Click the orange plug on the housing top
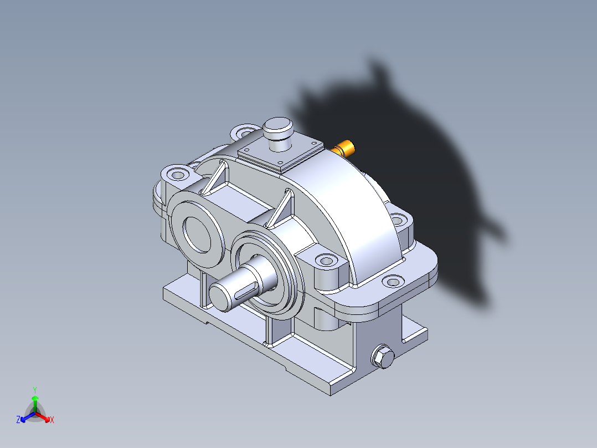[x=347, y=148]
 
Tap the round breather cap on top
[x=277, y=128]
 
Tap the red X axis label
[x=52, y=420]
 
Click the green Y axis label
[x=35, y=389]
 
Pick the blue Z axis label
[x=18, y=420]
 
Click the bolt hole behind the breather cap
[x=244, y=133]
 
